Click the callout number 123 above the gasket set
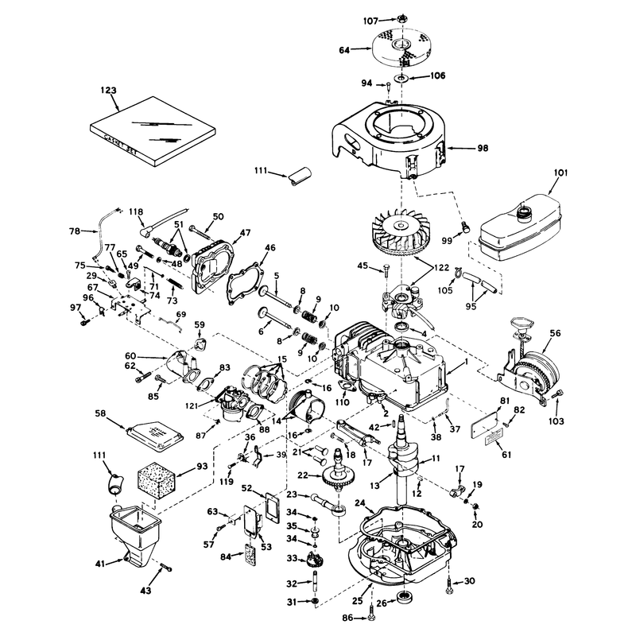[x=108, y=91]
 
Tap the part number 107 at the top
[x=370, y=21]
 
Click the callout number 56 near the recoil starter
[x=555, y=333]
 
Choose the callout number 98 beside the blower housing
[x=483, y=149]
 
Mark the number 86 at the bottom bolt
[x=347, y=619]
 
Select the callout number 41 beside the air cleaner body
[x=100, y=564]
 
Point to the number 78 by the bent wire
[x=75, y=231]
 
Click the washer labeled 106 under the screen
[x=401, y=78]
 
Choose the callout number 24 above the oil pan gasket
[x=360, y=503]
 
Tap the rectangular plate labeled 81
[x=484, y=425]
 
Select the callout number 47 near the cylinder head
[x=245, y=233]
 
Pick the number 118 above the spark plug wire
[x=136, y=211]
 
